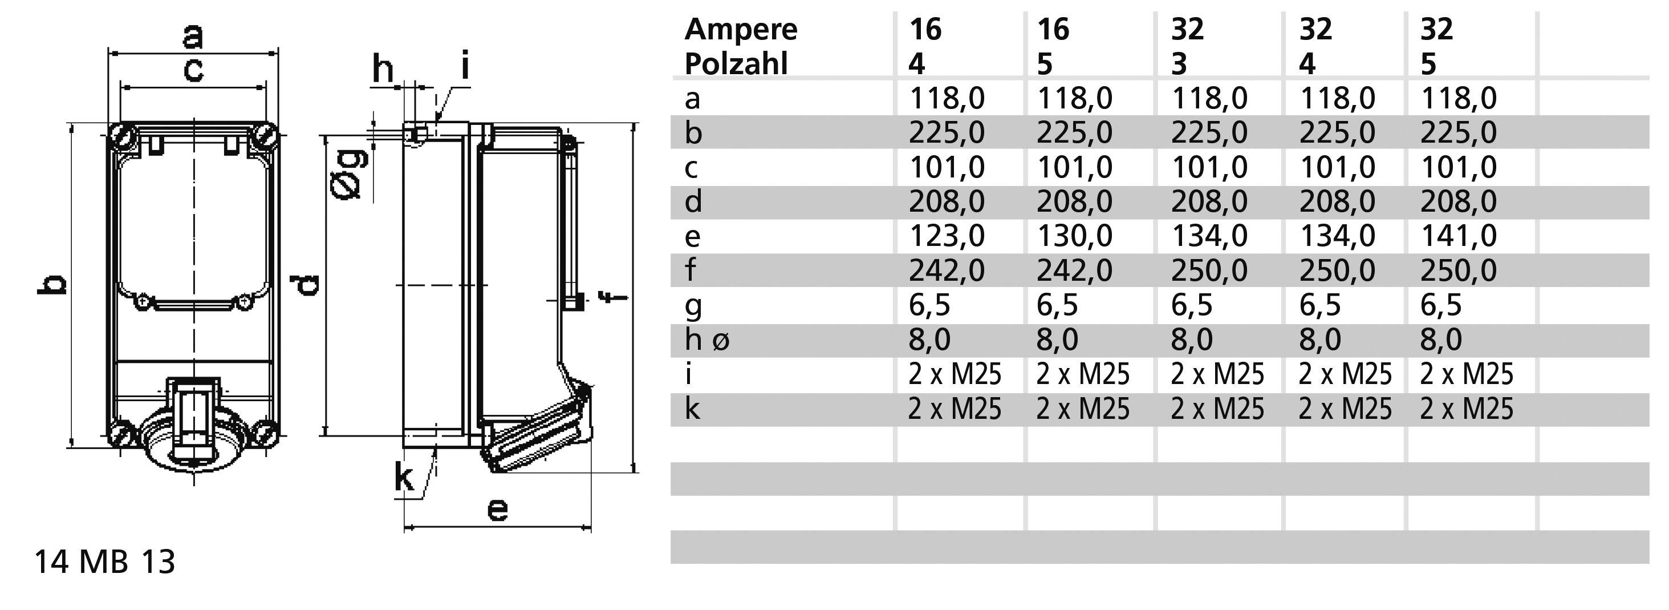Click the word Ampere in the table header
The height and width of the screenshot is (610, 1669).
pyautogui.click(x=741, y=30)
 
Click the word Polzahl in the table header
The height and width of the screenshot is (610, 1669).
pyautogui.click(x=736, y=64)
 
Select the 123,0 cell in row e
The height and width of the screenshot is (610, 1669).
pyautogui.click(x=947, y=236)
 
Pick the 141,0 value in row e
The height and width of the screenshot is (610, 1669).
pyautogui.click(x=1459, y=236)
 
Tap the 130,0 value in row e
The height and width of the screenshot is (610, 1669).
pyautogui.click(x=1075, y=236)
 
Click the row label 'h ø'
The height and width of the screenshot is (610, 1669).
pyautogui.click(x=707, y=340)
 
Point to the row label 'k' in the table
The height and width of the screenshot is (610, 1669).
pyautogui.click(x=692, y=409)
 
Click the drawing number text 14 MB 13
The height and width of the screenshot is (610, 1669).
pyautogui.click(x=104, y=562)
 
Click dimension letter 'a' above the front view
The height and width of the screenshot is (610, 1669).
pyautogui.click(x=192, y=37)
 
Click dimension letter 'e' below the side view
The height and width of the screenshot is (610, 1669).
pyautogui.click(x=497, y=510)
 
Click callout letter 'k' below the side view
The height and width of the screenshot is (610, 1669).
pyautogui.click(x=404, y=478)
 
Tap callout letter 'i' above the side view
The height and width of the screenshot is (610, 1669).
pyautogui.click(x=465, y=67)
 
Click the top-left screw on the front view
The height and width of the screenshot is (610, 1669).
pyautogui.click(x=123, y=137)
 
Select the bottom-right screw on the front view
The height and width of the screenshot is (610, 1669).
pyautogui.click(x=266, y=433)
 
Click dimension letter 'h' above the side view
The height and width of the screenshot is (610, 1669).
pyautogui.click(x=383, y=70)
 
